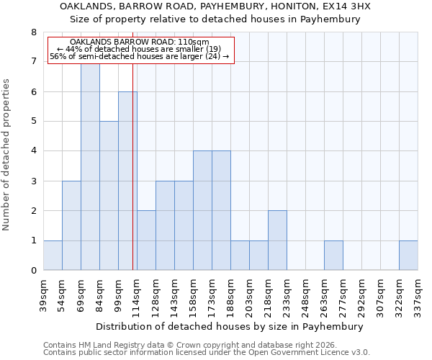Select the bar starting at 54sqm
pos(71,225)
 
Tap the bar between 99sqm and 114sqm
pos(127,181)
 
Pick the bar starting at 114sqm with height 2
pos(146,240)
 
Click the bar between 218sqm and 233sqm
pos(277,240)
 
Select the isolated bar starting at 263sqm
pos(333,256)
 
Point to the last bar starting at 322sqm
pos(408,256)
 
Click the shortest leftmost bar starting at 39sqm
pos(53,256)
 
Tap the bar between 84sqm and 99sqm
pos(109,196)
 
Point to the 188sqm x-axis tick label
pos(231,294)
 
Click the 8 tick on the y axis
pos(33,32)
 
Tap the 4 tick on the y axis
pos(33,151)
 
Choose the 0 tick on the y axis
pos(33,271)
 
